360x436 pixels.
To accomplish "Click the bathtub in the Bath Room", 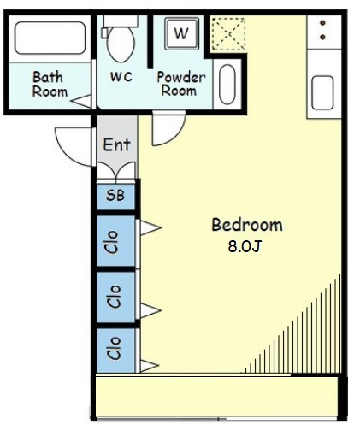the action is pyautogui.click(x=50, y=38).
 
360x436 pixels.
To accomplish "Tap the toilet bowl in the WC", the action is pyautogui.click(x=121, y=44).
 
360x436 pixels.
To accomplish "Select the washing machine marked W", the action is pyautogui.click(x=181, y=33).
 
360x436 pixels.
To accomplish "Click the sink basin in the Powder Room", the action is pyautogui.click(x=227, y=85).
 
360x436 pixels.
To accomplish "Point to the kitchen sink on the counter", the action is pyautogui.click(x=322, y=92).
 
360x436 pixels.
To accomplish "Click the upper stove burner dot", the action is pyautogui.click(x=322, y=23).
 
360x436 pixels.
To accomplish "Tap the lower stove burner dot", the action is pyautogui.click(x=322, y=37).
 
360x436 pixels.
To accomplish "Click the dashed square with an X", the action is pyautogui.click(x=228, y=34).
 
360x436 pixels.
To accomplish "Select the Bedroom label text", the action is pyautogui.click(x=247, y=225).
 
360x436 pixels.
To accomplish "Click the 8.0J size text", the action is pyautogui.click(x=245, y=246).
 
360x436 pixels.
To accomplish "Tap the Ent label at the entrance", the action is pyautogui.click(x=117, y=144).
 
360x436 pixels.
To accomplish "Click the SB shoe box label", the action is pyautogui.click(x=115, y=196).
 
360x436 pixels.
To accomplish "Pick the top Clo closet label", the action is pyautogui.click(x=112, y=242).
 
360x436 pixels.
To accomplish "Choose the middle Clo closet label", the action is pyautogui.click(x=114, y=297).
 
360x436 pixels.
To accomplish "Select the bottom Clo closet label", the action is pyautogui.click(x=114, y=348).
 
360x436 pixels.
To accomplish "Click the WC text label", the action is pyautogui.click(x=121, y=77).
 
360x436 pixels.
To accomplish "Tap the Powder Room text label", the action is pyautogui.click(x=180, y=84).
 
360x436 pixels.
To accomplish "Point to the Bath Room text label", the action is pyautogui.click(x=50, y=85).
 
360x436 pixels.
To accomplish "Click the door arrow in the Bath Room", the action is pyautogui.click(x=81, y=101).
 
